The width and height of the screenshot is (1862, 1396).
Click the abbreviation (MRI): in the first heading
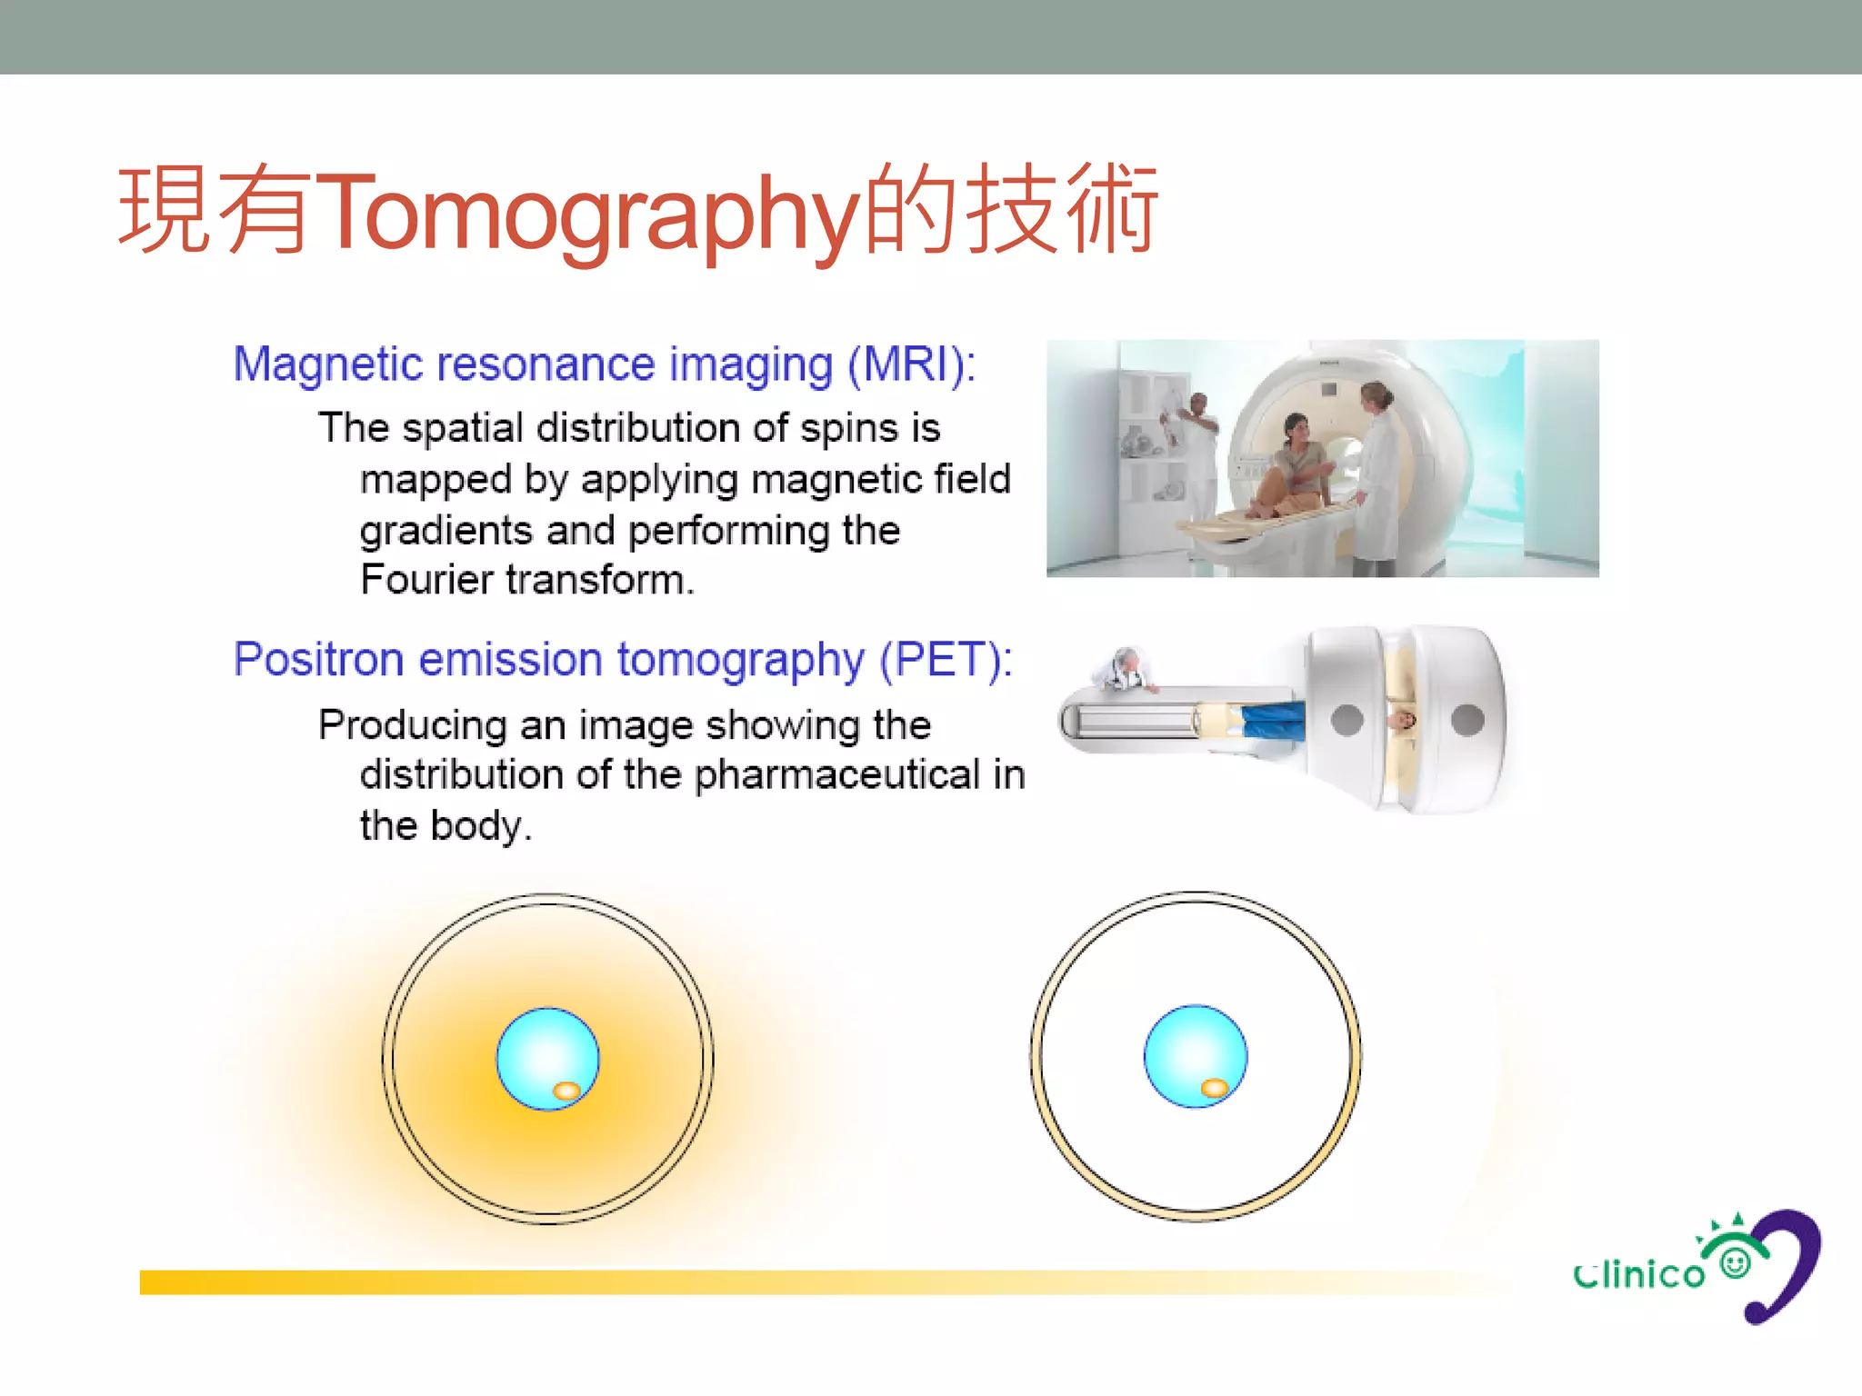tap(911, 365)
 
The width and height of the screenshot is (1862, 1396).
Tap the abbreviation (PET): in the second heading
tap(945, 660)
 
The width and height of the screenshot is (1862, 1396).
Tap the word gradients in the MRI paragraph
tap(445, 531)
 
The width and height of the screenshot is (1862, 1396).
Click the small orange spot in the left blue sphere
tap(566, 1091)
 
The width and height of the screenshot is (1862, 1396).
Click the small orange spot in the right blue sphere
tap(1215, 1088)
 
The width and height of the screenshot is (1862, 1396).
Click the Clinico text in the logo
tap(1639, 1274)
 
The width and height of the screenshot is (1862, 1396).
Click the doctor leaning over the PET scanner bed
tap(1127, 671)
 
